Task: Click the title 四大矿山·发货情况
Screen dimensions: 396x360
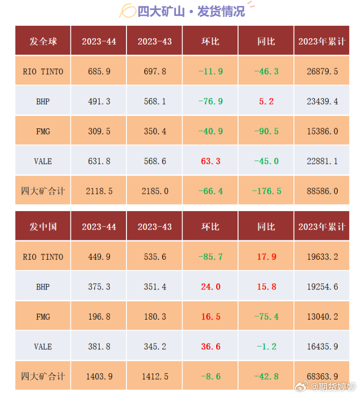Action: (191, 11)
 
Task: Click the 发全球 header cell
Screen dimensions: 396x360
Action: (43, 42)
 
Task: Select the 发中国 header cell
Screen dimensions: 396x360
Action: (43, 227)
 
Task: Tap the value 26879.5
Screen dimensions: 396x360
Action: (322, 72)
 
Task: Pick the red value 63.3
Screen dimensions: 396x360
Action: (211, 161)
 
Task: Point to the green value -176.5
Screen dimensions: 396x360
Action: (266, 191)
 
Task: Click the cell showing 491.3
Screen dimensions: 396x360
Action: (99, 102)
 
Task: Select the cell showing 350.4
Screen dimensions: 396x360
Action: (155, 131)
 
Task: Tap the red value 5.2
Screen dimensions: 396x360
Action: (266, 102)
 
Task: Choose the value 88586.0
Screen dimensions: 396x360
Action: (322, 191)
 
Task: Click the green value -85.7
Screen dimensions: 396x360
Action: (211, 257)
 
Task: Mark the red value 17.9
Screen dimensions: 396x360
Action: (266, 257)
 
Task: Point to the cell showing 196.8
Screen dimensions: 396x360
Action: (99, 317)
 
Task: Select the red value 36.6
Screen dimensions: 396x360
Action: (211, 346)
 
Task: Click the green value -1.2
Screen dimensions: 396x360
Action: (266, 346)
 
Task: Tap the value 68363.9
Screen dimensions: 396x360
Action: (322, 376)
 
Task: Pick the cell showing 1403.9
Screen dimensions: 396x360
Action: (99, 376)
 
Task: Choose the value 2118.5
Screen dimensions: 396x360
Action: (99, 191)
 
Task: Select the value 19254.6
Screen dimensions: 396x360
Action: (322, 287)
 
